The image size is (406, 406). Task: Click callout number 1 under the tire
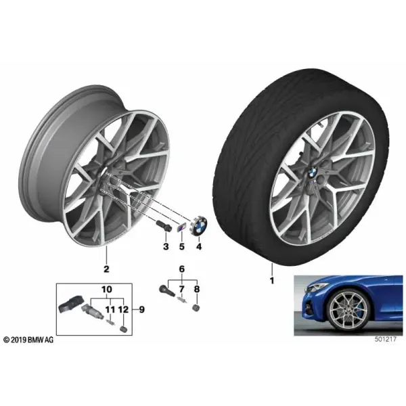pyautogui.click(x=272, y=281)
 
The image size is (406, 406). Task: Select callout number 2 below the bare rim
pyautogui.click(x=106, y=269)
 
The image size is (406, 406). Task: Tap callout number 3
pyautogui.click(x=166, y=246)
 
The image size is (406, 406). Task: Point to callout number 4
pyautogui.click(x=198, y=246)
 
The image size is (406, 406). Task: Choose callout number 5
pyautogui.click(x=182, y=246)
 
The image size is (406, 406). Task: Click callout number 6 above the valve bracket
pyautogui.click(x=182, y=269)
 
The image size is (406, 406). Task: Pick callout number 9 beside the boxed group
pyautogui.click(x=141, y=309)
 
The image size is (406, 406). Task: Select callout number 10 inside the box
pyautogui.click(x=107, y=289)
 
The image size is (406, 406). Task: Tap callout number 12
pyautogui.click(x=124, y=309)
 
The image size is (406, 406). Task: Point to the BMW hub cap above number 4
pyautogui.click(x=199, y=224)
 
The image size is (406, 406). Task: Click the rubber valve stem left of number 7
pyautogui.click(x=167, y=291)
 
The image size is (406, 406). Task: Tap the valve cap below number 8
pyautogui.click(x=196, y=308)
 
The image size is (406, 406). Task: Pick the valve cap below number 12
pyautogui.click(x=124, y=329)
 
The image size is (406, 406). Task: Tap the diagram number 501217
pyautogui.click(x=385, y=340)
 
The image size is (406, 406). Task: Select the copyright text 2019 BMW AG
pyautogui.click(x=28, y=340)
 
